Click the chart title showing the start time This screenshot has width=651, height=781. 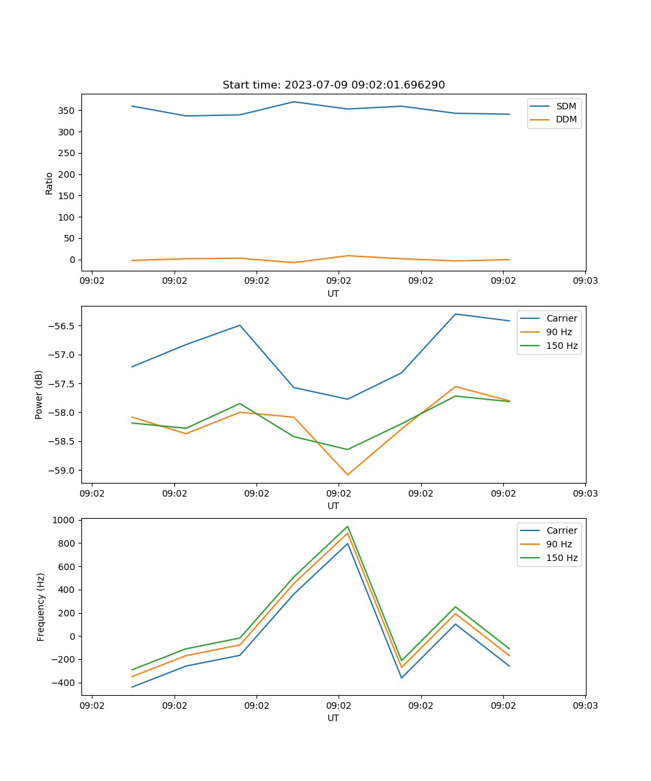(333, 85)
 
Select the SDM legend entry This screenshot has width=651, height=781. (565, 106)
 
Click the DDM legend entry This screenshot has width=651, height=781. (566, 119)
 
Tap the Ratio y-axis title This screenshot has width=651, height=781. (49, 183)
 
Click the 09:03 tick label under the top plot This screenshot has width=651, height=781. (585, 281)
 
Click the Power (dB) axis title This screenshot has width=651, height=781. (39, 394)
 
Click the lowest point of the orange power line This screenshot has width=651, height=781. (348, 474)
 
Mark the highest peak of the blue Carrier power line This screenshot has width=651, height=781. (455, 314)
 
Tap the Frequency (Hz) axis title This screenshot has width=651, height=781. (41, 607)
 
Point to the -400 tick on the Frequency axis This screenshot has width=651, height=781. (64, 683)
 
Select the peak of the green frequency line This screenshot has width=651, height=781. (348, 527)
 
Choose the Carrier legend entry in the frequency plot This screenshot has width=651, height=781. (561, 530)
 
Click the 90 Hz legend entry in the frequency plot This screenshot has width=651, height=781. (559, 544)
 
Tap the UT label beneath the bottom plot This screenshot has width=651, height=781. (333, 718)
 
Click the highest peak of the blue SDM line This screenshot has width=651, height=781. (294, 102)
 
